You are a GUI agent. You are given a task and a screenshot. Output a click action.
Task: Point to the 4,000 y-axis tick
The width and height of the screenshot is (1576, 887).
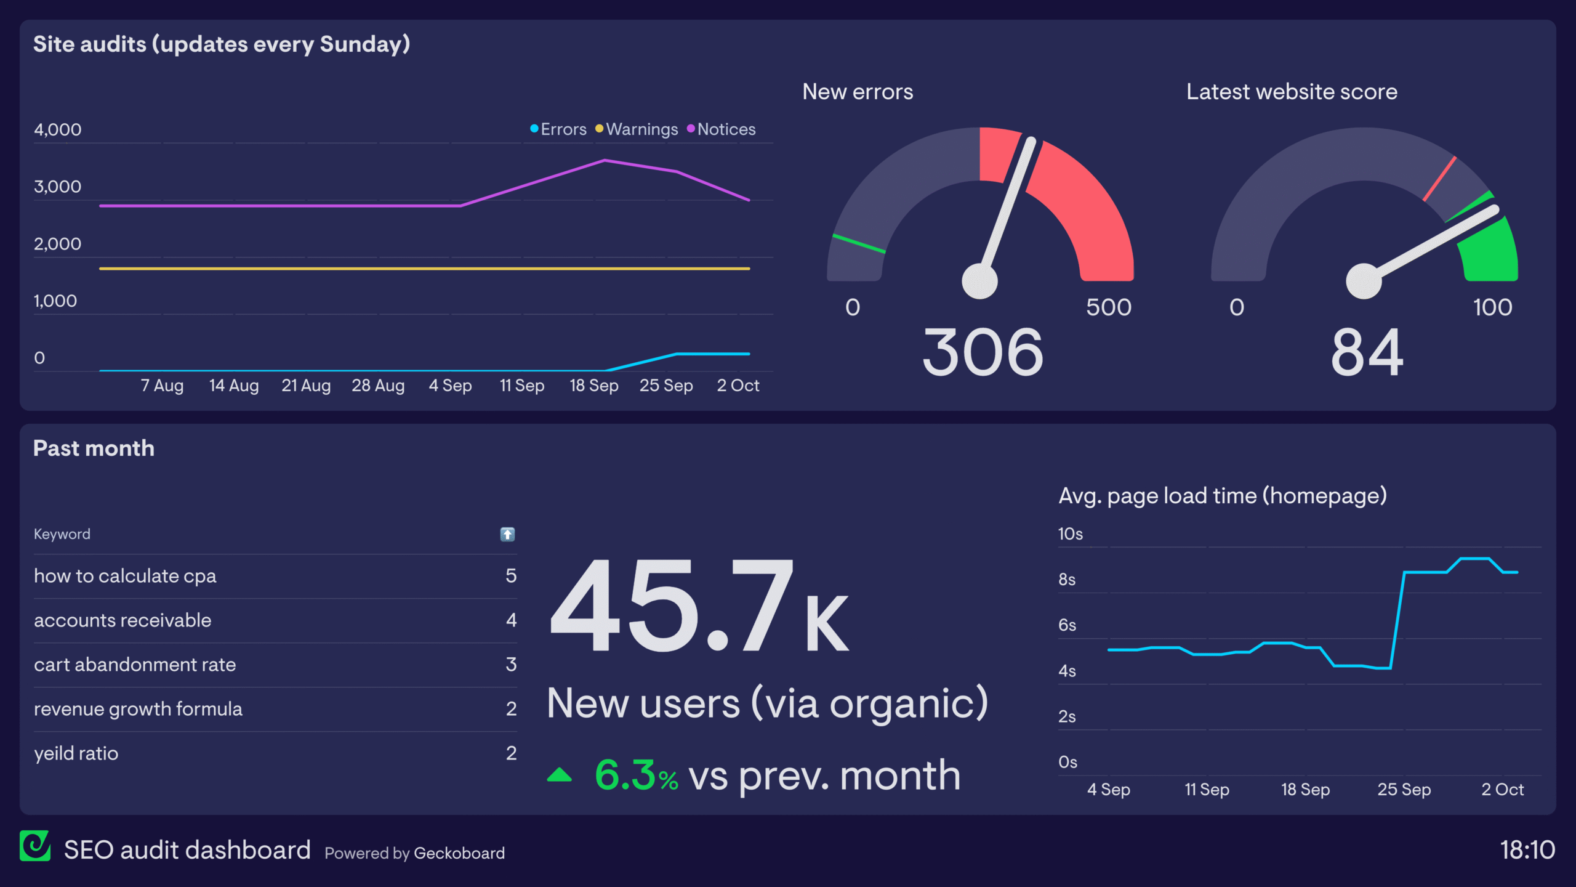coord(57,130)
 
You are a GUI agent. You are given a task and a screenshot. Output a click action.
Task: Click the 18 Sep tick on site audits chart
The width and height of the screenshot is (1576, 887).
coord(593,386)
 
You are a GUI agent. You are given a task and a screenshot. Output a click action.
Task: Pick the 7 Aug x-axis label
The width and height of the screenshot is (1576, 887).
coord(162,386)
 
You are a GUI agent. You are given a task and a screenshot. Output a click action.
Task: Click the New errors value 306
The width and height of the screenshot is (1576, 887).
coord(983,352)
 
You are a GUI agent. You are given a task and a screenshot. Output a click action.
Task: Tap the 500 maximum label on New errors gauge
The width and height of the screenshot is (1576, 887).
coord(1108,307)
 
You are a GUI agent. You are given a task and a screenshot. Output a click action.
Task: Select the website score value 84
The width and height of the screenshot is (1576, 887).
coord(1367,352)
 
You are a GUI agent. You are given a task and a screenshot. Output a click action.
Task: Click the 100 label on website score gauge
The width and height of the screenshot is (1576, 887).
coord(1492,307)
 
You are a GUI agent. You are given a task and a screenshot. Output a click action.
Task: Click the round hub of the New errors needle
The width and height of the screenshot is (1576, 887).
coord(979,281)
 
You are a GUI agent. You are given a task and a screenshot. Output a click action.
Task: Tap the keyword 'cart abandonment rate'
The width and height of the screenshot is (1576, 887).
coord(135,665)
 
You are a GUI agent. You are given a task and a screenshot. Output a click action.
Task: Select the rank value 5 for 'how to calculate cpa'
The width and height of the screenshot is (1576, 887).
coord(511,576)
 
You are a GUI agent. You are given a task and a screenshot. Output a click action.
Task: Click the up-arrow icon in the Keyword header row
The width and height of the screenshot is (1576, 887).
coord(507,534)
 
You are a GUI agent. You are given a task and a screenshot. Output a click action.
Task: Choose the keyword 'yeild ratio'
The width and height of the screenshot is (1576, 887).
coord(76,753)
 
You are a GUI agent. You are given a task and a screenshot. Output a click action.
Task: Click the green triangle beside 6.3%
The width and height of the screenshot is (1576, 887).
coord(559,775)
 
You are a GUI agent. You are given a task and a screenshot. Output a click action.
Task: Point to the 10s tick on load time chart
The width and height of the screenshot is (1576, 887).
coord(1070,534)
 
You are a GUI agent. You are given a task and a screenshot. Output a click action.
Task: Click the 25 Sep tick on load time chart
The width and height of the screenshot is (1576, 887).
coord(1404,790)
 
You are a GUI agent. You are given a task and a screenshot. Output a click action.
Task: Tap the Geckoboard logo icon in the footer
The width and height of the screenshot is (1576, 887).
coord(35,846)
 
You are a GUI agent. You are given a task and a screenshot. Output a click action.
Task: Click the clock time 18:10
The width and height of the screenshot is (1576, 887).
coord(1527,850)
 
